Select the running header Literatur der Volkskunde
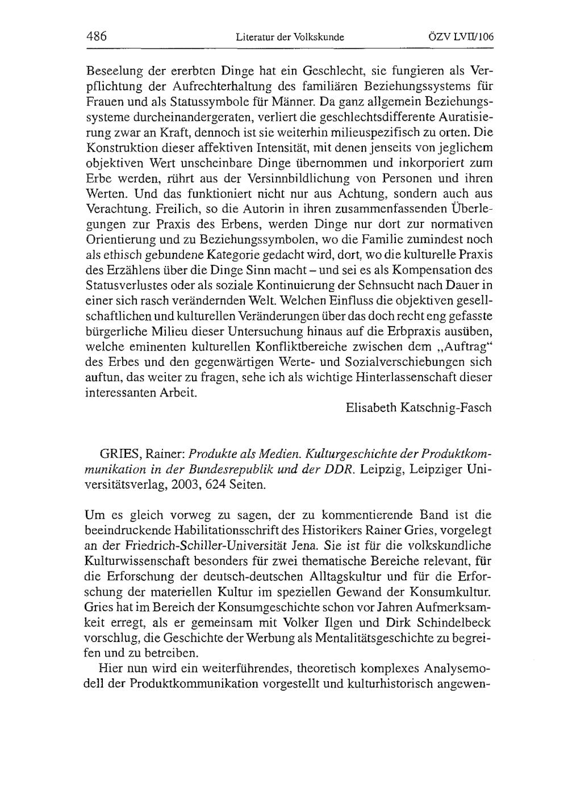290,38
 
